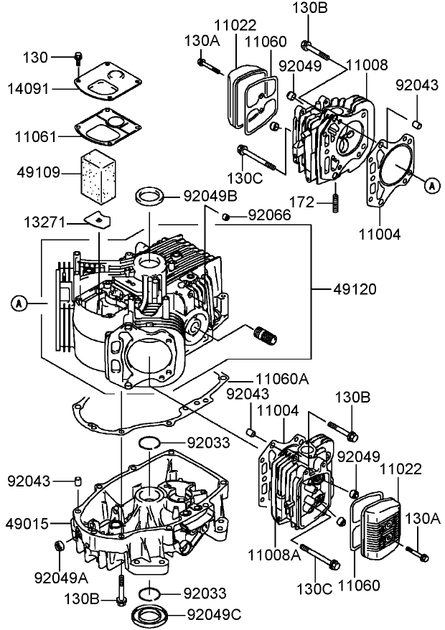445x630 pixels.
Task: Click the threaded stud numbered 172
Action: (x=335, y=198)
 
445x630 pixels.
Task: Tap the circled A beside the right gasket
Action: (x=431, y=185)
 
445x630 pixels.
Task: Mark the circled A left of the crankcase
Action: (x=20, y=304)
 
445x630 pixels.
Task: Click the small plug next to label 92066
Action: (x=225, y=216)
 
